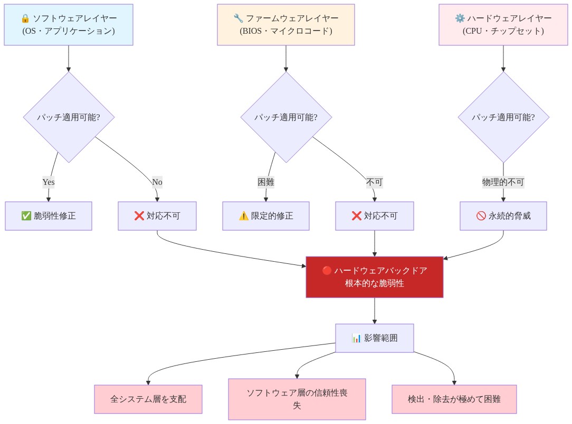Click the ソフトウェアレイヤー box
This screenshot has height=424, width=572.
(69, 25)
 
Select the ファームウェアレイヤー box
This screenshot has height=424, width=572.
(285, 25)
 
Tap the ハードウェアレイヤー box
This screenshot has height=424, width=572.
(503, 25)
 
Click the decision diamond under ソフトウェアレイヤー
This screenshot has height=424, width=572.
(69, 117)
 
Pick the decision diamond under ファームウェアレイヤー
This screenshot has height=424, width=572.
(285, 117)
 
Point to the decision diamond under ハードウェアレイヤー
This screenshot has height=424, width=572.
(503, 117)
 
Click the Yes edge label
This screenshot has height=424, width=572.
(49, 182)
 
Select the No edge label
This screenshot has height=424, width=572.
(157, 182)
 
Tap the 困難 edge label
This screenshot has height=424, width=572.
(265, 182)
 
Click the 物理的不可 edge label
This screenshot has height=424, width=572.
(503, 182)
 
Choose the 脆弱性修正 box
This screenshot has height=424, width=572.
(49, 216)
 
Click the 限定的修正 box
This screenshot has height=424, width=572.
(265, 216)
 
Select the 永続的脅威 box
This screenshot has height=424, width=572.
(503, 216)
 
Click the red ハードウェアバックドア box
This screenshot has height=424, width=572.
(374, 277)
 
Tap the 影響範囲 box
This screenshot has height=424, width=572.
(374, 338)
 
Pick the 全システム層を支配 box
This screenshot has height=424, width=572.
(148, 399)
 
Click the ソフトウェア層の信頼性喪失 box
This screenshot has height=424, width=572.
(297, 399)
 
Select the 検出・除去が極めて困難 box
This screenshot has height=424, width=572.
(454, 399)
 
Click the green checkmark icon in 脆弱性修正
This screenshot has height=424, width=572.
(26, 216)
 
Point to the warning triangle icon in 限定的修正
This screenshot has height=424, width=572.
(243, 216)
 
